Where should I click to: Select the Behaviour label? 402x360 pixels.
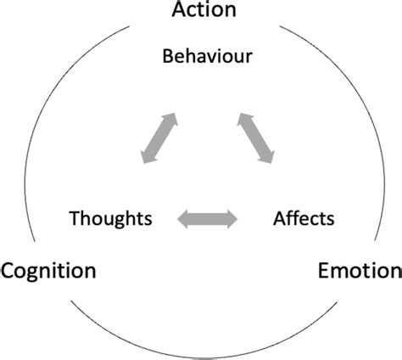[x=208, y=57]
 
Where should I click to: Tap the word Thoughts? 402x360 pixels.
[x=111, y=218]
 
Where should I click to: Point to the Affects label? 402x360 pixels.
[x=304, y=218]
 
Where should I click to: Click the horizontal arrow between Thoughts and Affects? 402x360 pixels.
[x=207, y=219]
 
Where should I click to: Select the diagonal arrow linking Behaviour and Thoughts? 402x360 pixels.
[x=159, y=137]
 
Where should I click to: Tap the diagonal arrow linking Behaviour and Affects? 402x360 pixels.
[x=256, y=137]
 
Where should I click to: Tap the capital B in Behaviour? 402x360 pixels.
[x=167, y=57]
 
